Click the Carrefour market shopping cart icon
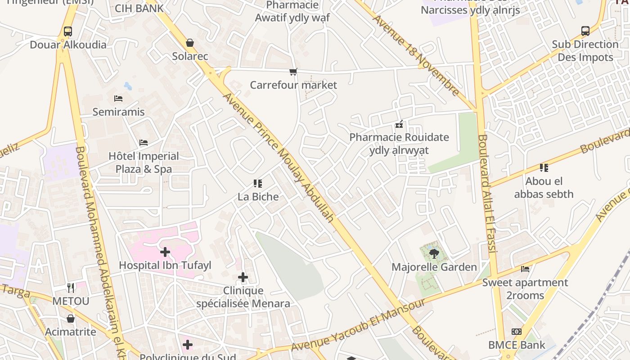pyautogui.click(x=293, y=72)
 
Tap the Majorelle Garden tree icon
pyautogui.click(x=434, y=254)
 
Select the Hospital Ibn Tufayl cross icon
pyautogui.click(x=165, y=252)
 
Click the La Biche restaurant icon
pyautogui.click(x=258, y=183)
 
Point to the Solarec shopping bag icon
pyautogui.click(x=190, y=43)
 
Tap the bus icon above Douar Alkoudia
pyautogui.click(x=68, y=31)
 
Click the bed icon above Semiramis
pyautogui.click(x=118, y=98)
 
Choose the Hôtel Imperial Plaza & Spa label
pyautogui.click(x=144, y=162)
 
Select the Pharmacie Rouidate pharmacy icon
pyautogui.click(x=399, y=124)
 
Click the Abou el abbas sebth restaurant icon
pyautogui.click(x=544, y=168)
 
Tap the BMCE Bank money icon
pyautogui.click(x=517, y=332)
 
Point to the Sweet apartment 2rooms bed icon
pyautogui.click(x=525, y=269)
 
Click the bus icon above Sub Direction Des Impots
pyautogui.click(x=585, y=31)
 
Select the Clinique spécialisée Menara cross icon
pyautogui.click(x=243, y=277)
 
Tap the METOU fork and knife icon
pyautogui.click(x=71, y=288)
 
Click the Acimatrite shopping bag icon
pyautogui.click(x=71, y=319)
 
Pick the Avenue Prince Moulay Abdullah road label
pyautogui.click(x=279, y=157)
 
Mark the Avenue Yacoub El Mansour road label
pyautogui.click(x=358, y=325)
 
